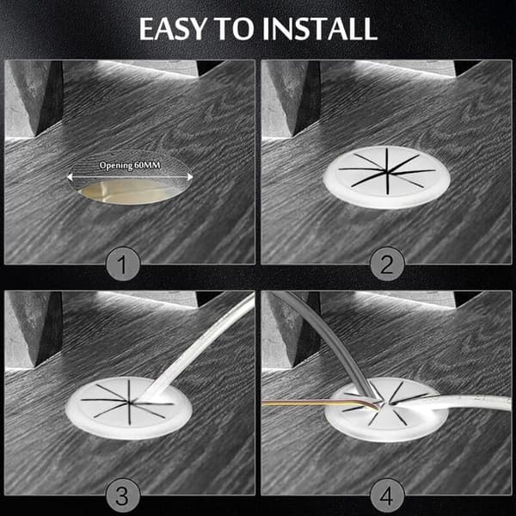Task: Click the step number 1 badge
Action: click(123, 264)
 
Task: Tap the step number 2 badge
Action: click(387, 264)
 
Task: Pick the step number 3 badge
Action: click(123, 495)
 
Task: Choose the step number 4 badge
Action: click(387, 495)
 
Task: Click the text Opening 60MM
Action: click(130, 165)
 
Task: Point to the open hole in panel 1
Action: click(126, 192)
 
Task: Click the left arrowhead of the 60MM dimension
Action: click(70, 177)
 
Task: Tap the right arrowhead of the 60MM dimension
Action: click(190, 177)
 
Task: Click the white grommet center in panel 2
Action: click(387, 171)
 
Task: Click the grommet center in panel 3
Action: click(129, 402)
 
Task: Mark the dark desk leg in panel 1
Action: click(50, 99)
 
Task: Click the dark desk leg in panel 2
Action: click(308, 99)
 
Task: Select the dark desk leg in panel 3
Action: click(50, 329)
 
